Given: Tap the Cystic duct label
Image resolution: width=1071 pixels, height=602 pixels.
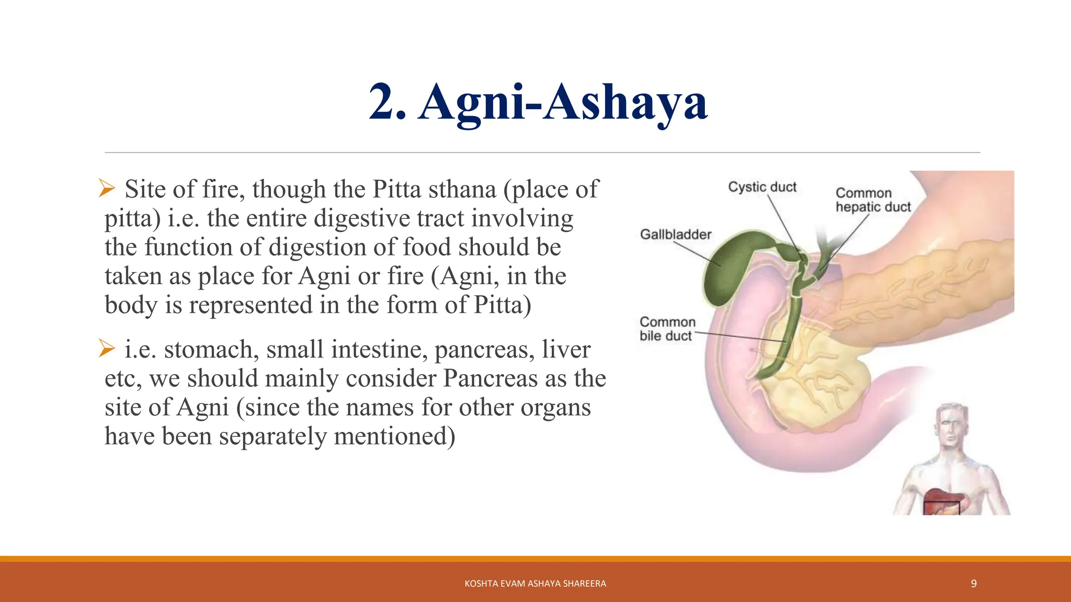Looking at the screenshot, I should point(762,187).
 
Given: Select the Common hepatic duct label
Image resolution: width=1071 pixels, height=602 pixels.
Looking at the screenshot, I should point(872,200).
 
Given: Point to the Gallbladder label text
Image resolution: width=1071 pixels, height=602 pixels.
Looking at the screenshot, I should point(675,235).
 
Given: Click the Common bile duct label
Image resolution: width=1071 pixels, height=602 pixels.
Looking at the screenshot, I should point(667,329).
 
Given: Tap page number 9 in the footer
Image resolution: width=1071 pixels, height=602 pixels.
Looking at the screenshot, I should point(973,584).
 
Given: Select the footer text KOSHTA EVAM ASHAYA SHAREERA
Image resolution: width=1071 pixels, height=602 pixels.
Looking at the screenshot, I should point(535,584).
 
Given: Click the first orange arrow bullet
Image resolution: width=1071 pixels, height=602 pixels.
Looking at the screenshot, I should point(107,188).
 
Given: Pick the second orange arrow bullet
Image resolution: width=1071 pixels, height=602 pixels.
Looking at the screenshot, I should point(107,349).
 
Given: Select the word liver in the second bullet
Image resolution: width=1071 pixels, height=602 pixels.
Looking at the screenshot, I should point(566,350).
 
